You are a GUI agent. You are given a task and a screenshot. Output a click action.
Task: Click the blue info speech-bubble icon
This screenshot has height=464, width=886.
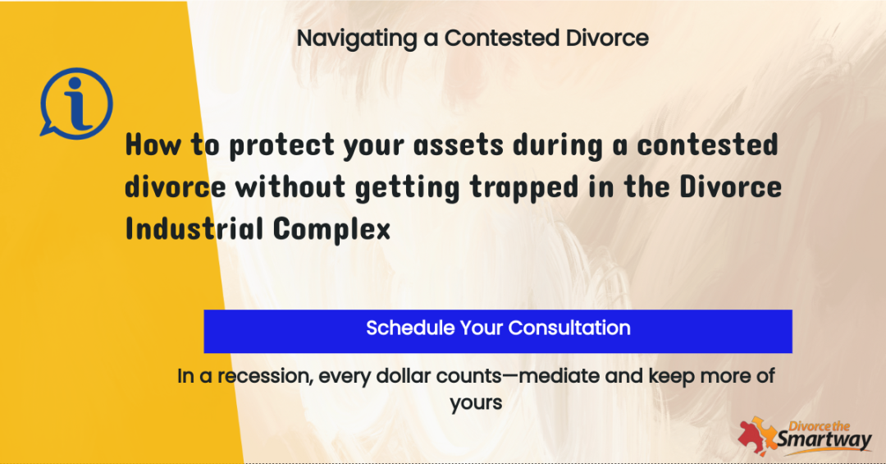76,103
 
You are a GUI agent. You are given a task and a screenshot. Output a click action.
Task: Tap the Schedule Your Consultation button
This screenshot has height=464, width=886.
498,331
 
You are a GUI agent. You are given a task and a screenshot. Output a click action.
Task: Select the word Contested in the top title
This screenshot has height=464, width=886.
502,38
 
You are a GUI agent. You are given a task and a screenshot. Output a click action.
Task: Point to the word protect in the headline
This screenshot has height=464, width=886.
281,145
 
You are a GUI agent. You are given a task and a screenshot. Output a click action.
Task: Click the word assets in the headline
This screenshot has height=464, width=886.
459,145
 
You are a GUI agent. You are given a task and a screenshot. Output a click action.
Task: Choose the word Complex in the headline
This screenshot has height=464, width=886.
331,230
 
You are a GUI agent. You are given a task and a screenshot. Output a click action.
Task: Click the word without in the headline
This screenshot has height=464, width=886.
290,186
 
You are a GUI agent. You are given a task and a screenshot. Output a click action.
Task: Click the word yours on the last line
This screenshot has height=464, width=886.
476,403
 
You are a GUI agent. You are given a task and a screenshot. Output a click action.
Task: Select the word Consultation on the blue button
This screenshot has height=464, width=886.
569,328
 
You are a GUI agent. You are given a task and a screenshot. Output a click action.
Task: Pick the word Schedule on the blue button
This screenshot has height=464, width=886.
410,328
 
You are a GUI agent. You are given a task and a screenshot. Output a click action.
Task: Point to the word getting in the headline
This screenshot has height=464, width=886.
408,188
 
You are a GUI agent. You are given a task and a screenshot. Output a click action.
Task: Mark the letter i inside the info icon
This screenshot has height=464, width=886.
77,103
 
